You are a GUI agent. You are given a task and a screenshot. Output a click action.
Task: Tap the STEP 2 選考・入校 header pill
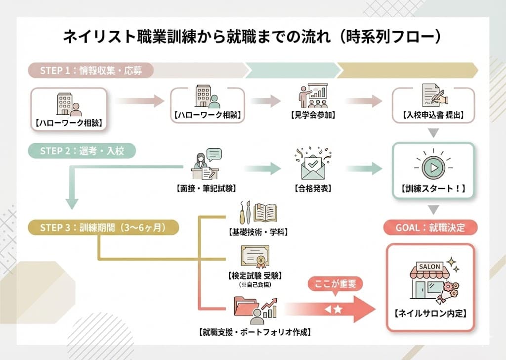pyautogui.click(x=82, y=151)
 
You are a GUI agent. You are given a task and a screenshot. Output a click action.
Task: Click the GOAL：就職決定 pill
pyautogui.click(x=429, y=227)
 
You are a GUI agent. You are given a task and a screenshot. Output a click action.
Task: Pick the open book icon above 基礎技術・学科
pyautogui.click(x=267, y=212)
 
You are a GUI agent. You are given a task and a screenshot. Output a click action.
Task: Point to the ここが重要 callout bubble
pyautogui.click(x=335, y=284)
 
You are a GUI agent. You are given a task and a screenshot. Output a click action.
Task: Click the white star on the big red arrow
pyautogui.click(x=338, y=310)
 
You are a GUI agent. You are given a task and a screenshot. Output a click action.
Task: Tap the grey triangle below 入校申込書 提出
pyautogui.click(x=433, y=133)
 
